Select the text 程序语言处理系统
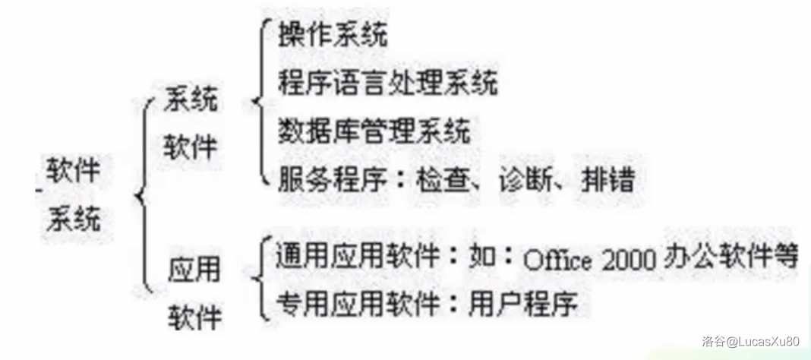(387, 83)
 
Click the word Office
(558, 261)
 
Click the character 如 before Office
(482, 257)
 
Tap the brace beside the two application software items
(261, 279)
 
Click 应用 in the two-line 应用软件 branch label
(193, 270)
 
